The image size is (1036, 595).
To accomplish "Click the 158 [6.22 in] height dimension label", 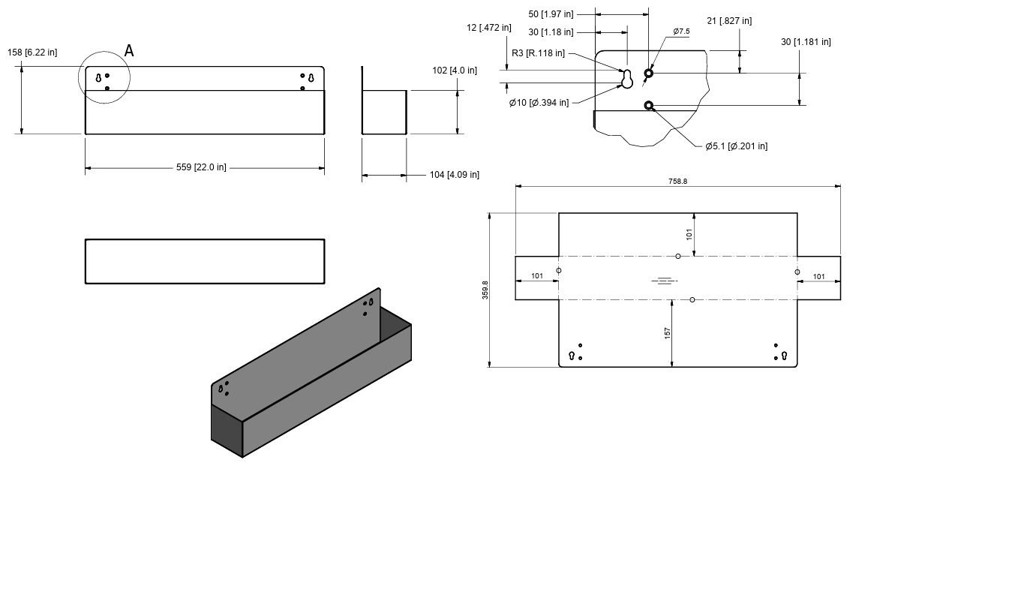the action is coord(32,53).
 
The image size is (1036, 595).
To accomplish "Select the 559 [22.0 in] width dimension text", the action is coord(201,167).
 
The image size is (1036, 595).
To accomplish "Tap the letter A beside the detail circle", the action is coord(129,50).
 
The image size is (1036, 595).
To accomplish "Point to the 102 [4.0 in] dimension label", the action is coord(455,71).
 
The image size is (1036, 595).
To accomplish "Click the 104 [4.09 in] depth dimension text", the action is coord(454,174).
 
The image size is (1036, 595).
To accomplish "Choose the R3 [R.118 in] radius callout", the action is coord(538,53).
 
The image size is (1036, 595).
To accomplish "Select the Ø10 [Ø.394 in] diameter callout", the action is coord(539,103).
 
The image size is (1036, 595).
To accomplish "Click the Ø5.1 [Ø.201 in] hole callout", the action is coord(736,146).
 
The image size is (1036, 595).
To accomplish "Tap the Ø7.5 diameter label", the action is coord(681,32).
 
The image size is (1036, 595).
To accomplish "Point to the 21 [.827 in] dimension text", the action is coord(729,21).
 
